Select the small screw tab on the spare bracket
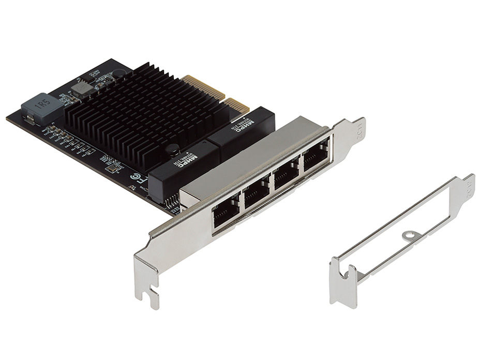point(410,235)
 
